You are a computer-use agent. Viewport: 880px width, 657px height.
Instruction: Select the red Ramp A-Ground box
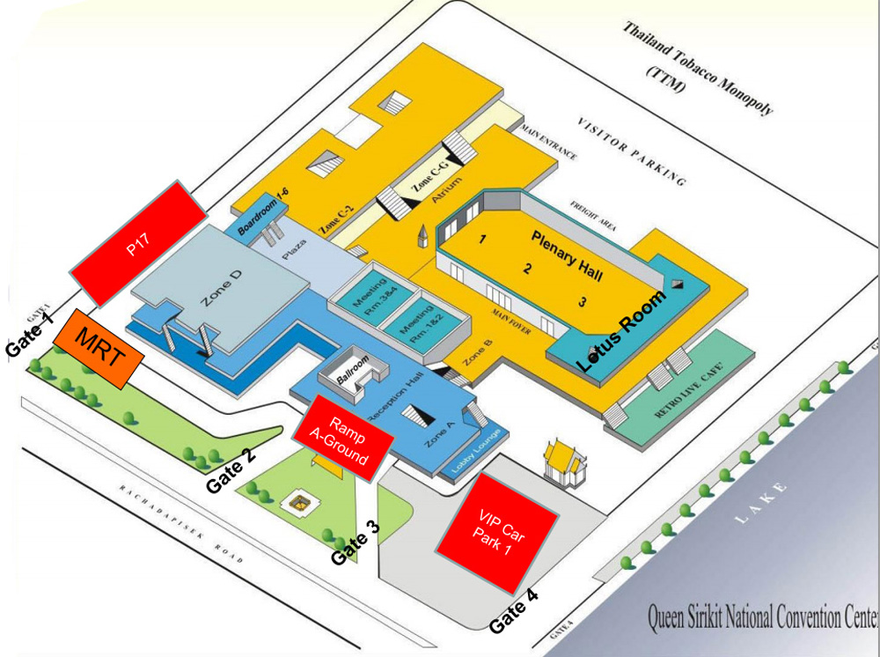(x=342, y=436)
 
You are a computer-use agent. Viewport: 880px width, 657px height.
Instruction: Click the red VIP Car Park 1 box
(x=498, y=532)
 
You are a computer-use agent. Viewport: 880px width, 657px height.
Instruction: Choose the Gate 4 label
(x=513, y=611)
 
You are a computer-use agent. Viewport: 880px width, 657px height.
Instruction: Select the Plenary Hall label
(x=567, y=256)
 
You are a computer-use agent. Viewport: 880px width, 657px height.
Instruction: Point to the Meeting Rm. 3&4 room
(x=371, y=300)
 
